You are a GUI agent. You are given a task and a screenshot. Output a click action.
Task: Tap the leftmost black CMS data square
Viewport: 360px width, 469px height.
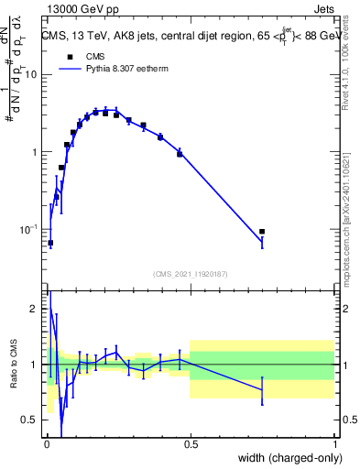(50, 243)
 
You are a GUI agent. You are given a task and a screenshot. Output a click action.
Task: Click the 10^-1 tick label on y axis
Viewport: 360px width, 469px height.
(29, 229)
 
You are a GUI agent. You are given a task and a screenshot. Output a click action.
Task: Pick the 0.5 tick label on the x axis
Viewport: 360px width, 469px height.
(191, 442)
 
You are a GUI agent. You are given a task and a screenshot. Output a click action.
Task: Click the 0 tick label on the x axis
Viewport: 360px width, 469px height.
(46, 442)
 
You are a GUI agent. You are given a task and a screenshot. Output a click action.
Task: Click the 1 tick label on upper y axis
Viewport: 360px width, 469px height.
(35, 152)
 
